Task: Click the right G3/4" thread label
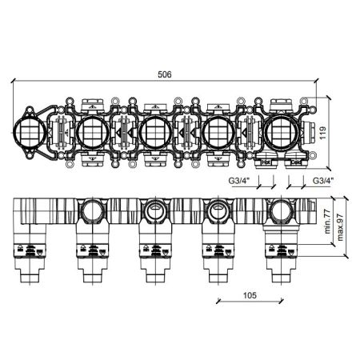[x=323, y=181]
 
